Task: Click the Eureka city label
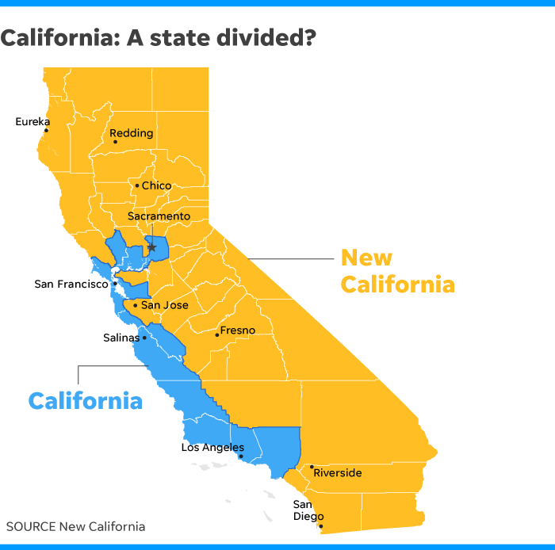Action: (33, 121)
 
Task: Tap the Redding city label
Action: (131, 133)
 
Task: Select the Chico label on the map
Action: (156, 185)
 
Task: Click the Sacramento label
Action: (159, 216)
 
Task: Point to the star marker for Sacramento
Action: (151, 247)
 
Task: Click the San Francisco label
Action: (71, 283)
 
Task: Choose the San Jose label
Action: (165, 304)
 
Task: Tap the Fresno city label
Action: (238, 330)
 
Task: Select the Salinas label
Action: (121, 337)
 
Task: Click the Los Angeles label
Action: (212, 447)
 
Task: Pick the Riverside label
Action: (338, 473)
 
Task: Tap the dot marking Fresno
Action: (216, 334)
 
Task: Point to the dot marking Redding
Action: (115, 143)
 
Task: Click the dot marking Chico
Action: (136, 186)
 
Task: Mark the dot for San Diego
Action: (320, 525)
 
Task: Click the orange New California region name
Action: (397, 271)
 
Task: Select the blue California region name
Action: (86, 400)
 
